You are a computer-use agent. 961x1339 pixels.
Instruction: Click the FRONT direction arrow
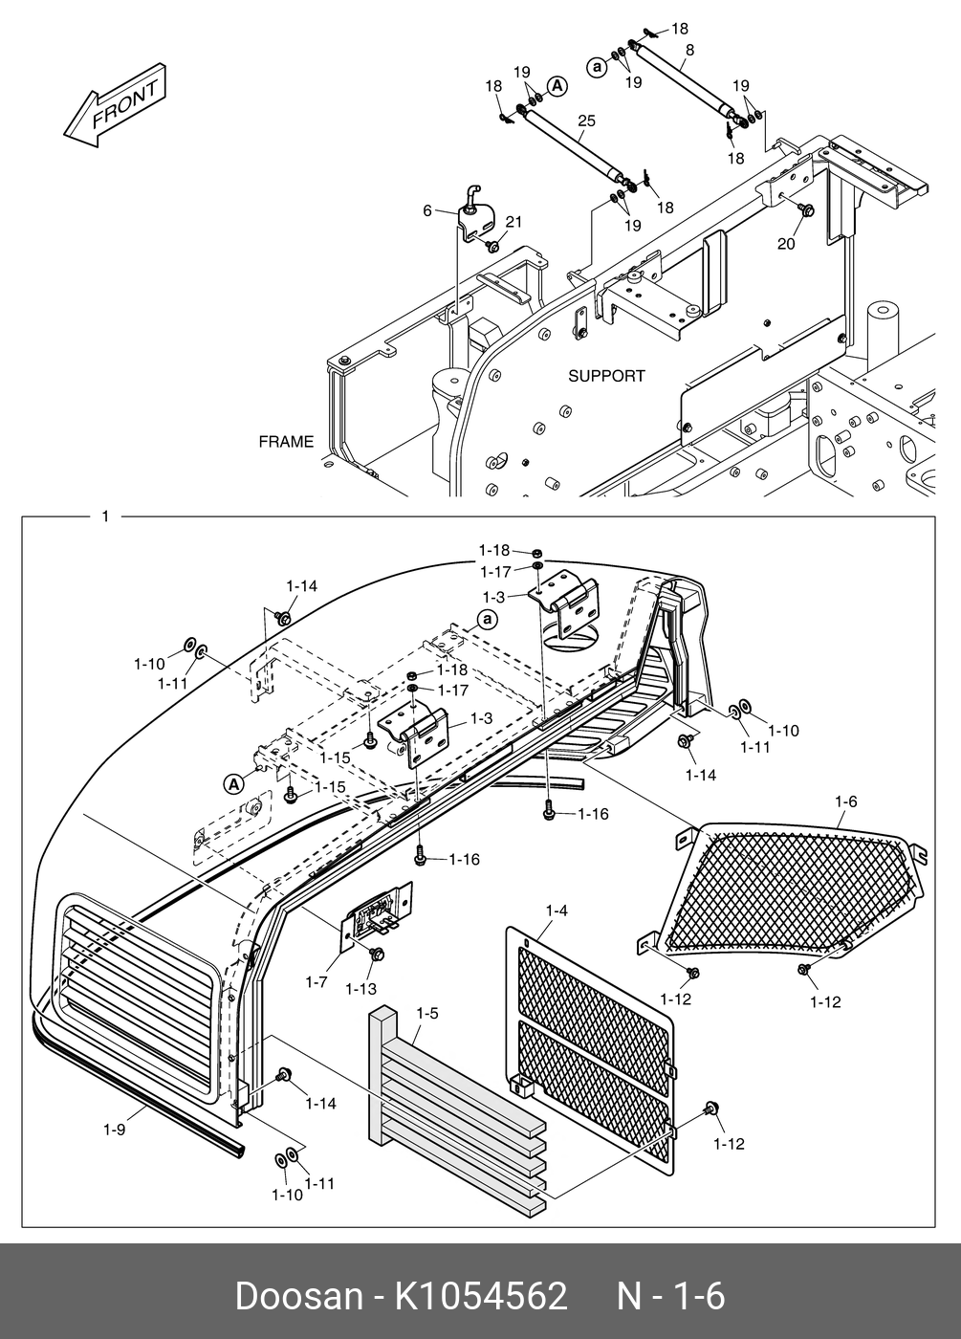115,105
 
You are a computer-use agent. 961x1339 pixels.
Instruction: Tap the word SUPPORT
606,376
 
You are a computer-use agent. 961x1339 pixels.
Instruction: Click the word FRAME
286,442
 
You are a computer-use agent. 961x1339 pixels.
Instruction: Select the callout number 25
587,121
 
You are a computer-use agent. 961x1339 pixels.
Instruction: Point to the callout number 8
690,50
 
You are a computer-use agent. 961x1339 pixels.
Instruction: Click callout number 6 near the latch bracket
427,211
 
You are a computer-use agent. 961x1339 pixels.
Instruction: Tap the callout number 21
514,222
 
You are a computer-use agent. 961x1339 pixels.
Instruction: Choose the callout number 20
786,244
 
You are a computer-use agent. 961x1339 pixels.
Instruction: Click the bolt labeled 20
807,209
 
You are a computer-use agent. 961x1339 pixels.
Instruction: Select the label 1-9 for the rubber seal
114,1130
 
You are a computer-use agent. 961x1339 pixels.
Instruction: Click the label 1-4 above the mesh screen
557,911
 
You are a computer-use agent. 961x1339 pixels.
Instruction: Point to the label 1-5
427,1013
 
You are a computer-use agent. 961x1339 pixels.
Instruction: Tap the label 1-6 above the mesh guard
845,801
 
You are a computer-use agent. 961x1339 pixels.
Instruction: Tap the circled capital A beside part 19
557,87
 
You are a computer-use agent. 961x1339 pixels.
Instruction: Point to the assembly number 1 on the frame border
106,516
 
